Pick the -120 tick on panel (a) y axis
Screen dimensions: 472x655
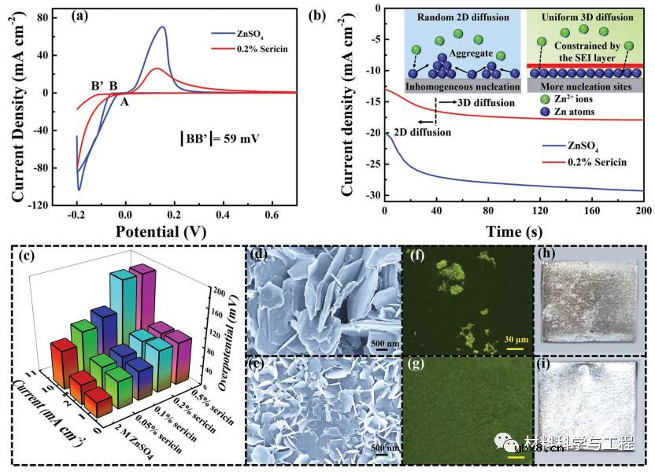point(35,205)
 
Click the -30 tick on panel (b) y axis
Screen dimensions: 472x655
point(369,195)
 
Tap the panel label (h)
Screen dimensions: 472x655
point(546,254)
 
